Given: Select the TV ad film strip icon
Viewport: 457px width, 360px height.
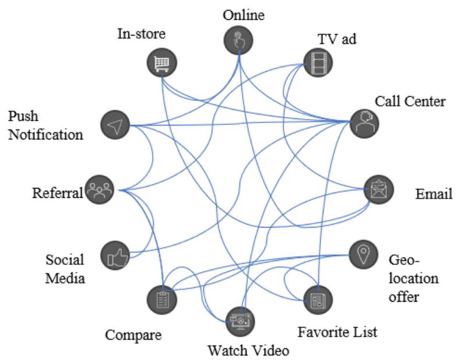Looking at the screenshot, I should tap(318, 62).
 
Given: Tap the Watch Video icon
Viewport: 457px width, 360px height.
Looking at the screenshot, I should tap(240, 320).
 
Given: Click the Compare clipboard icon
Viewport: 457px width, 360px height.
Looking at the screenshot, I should tap(162, 299).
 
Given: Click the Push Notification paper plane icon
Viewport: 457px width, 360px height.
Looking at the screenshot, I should tap(114, 124).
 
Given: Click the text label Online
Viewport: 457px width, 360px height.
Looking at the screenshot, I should tap(243, 15).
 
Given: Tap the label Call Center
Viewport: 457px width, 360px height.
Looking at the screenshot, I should tap(403, 101).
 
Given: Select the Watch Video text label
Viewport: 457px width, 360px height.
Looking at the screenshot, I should tap(248, 351).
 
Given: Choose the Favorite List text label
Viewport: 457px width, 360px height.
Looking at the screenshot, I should tap(338, 332).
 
